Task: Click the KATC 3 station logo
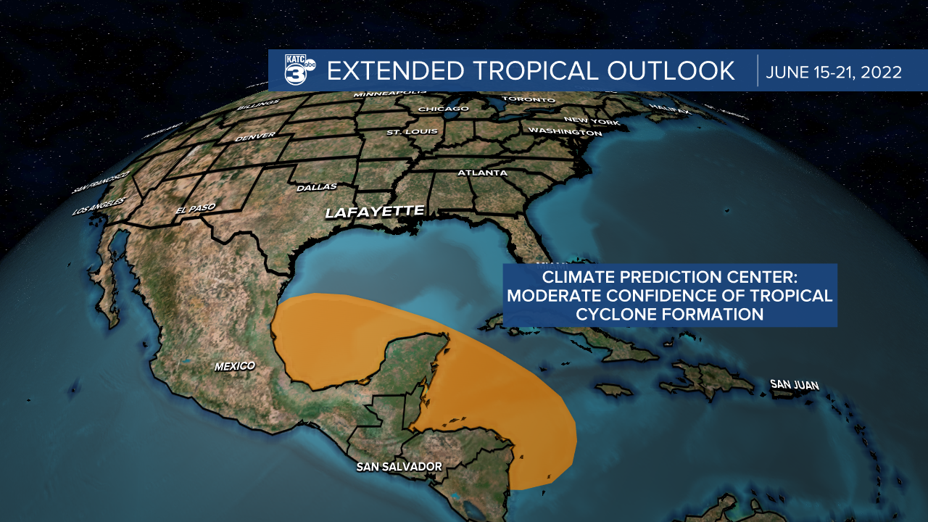pos(298,70)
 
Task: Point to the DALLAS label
pos(317,187)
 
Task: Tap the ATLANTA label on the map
pos(482,173)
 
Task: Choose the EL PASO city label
pos(196,210)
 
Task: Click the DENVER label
pos(254,136)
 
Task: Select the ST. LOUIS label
pos(412,132)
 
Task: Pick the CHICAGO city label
pos(444,109)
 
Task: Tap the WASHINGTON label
pos(565,132)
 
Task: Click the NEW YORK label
pos(591,120)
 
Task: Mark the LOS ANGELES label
pos(99,207)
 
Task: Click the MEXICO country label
pos(234,366)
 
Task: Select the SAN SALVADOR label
pos(399,467)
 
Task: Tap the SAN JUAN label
pos(794,384)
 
